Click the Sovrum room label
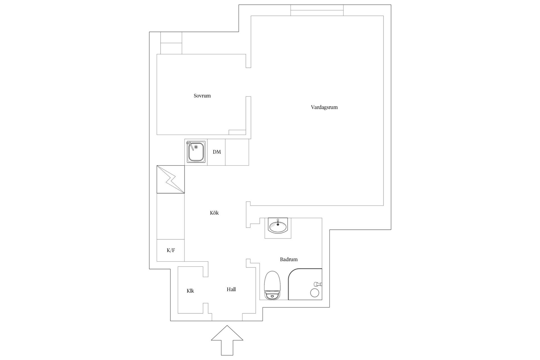pos(202,96)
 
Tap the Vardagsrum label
pos(324,107)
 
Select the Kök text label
pos(214,213)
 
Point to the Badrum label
pos(289,259)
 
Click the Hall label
pos(231,289)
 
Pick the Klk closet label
pos(190,291)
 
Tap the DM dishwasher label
pos(217,152)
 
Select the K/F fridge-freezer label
pos(171,250)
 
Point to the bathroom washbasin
pos(278,226)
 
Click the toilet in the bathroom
pos(273,285)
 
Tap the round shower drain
pos(315,293)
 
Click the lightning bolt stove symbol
pos(171,179)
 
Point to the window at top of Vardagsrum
pos(317,10)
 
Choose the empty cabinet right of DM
pos(237,152)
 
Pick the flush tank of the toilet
pos(273,296)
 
